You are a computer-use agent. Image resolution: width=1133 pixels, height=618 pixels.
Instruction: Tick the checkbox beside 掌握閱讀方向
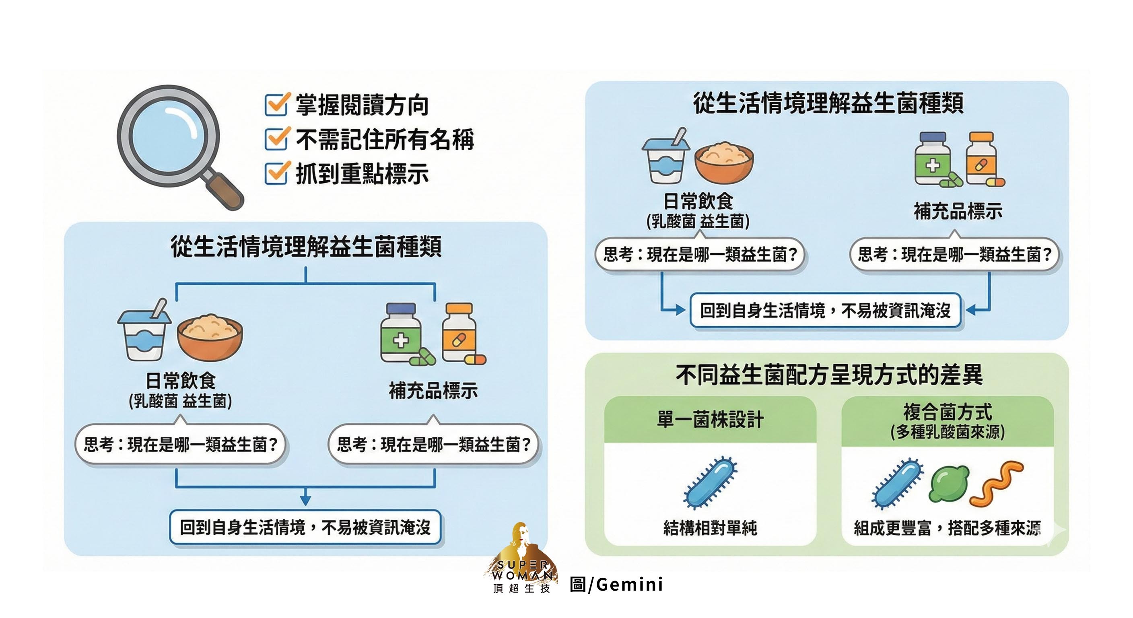(x=277, y=105)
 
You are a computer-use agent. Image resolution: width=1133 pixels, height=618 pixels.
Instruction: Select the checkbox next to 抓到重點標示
(x=277, y=173)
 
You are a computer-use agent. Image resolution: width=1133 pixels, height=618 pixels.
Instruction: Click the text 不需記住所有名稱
(x=385, y=140)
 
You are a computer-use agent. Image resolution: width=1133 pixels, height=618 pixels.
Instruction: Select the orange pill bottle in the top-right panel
(x=981, y=159)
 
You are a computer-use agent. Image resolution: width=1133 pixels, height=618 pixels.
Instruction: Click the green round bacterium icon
(x=949, y=484)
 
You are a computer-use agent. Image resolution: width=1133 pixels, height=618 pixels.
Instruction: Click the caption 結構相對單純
(x=710, y=527)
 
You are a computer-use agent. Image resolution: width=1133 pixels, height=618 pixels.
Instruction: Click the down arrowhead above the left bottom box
(x=306, y=500)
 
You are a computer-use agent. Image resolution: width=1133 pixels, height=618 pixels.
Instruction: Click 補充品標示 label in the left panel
(x=433, y=391)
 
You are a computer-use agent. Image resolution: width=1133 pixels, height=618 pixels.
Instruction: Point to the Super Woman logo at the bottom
(x=521, y=558)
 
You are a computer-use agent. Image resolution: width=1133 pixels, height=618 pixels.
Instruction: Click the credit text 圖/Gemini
(x=616, y=585)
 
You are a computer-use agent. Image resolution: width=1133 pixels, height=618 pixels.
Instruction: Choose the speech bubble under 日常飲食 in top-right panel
(x=700, y=255)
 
